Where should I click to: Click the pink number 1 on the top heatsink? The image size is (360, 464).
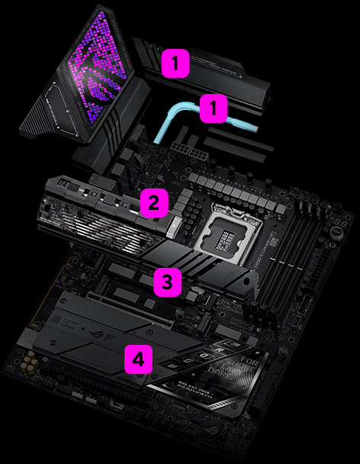pos(175,63)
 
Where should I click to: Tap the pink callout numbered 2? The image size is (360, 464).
pos(153,203)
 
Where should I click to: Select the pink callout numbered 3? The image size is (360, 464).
pos(168,282)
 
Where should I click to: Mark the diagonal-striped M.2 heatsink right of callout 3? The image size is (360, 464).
pos(221,263)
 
